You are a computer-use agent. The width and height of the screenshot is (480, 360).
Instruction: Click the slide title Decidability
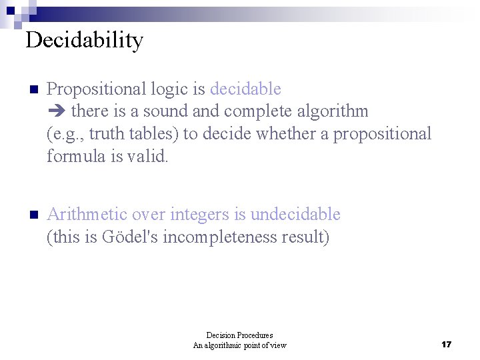[x=84, y=41]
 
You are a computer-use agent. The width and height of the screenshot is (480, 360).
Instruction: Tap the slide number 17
[x=447, y=345]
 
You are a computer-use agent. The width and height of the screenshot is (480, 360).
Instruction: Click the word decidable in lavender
[x=245, y=89]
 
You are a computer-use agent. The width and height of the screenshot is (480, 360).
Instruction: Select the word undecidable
[x=295, y=215]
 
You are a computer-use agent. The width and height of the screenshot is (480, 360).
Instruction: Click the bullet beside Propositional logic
[x=34, y=90]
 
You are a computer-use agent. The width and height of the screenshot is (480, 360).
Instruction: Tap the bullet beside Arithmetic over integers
[x=34, y=215]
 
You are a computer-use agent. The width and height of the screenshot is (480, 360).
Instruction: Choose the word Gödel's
[x=131, y=237]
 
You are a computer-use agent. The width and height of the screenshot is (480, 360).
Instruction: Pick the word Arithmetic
[x=87, y=215]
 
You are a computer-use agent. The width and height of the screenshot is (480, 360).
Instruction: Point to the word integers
[x=199, y=215]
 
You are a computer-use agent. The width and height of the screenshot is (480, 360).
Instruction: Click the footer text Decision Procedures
[x=239, y=335]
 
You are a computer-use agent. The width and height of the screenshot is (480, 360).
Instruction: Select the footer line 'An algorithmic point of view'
[x=239, y=345]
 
